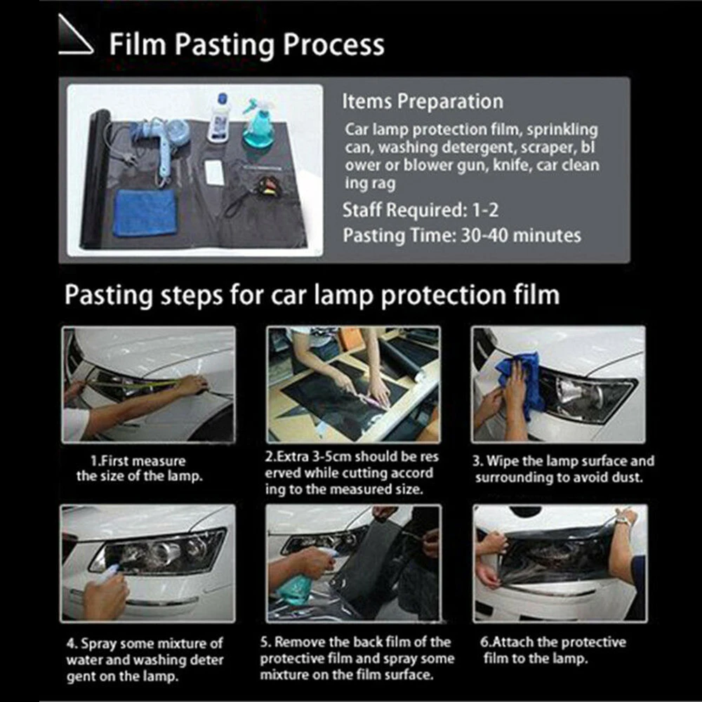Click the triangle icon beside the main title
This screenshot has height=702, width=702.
(76, 44)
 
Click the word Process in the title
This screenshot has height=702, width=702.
(333, 44)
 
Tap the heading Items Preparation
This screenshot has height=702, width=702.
(423, 102)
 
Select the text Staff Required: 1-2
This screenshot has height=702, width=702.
(421, 210)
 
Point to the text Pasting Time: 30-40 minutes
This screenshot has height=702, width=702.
(461, 235)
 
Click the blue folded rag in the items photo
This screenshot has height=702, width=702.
(145, 212)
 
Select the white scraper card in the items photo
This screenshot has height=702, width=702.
(214, 171)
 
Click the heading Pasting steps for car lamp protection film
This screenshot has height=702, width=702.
(312, 295)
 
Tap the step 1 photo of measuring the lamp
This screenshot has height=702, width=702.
(149, 384)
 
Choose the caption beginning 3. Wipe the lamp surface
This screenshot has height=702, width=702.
(564, 470)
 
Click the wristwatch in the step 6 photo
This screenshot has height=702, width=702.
(623, 521)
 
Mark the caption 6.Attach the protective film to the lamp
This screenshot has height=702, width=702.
(553, 651)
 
